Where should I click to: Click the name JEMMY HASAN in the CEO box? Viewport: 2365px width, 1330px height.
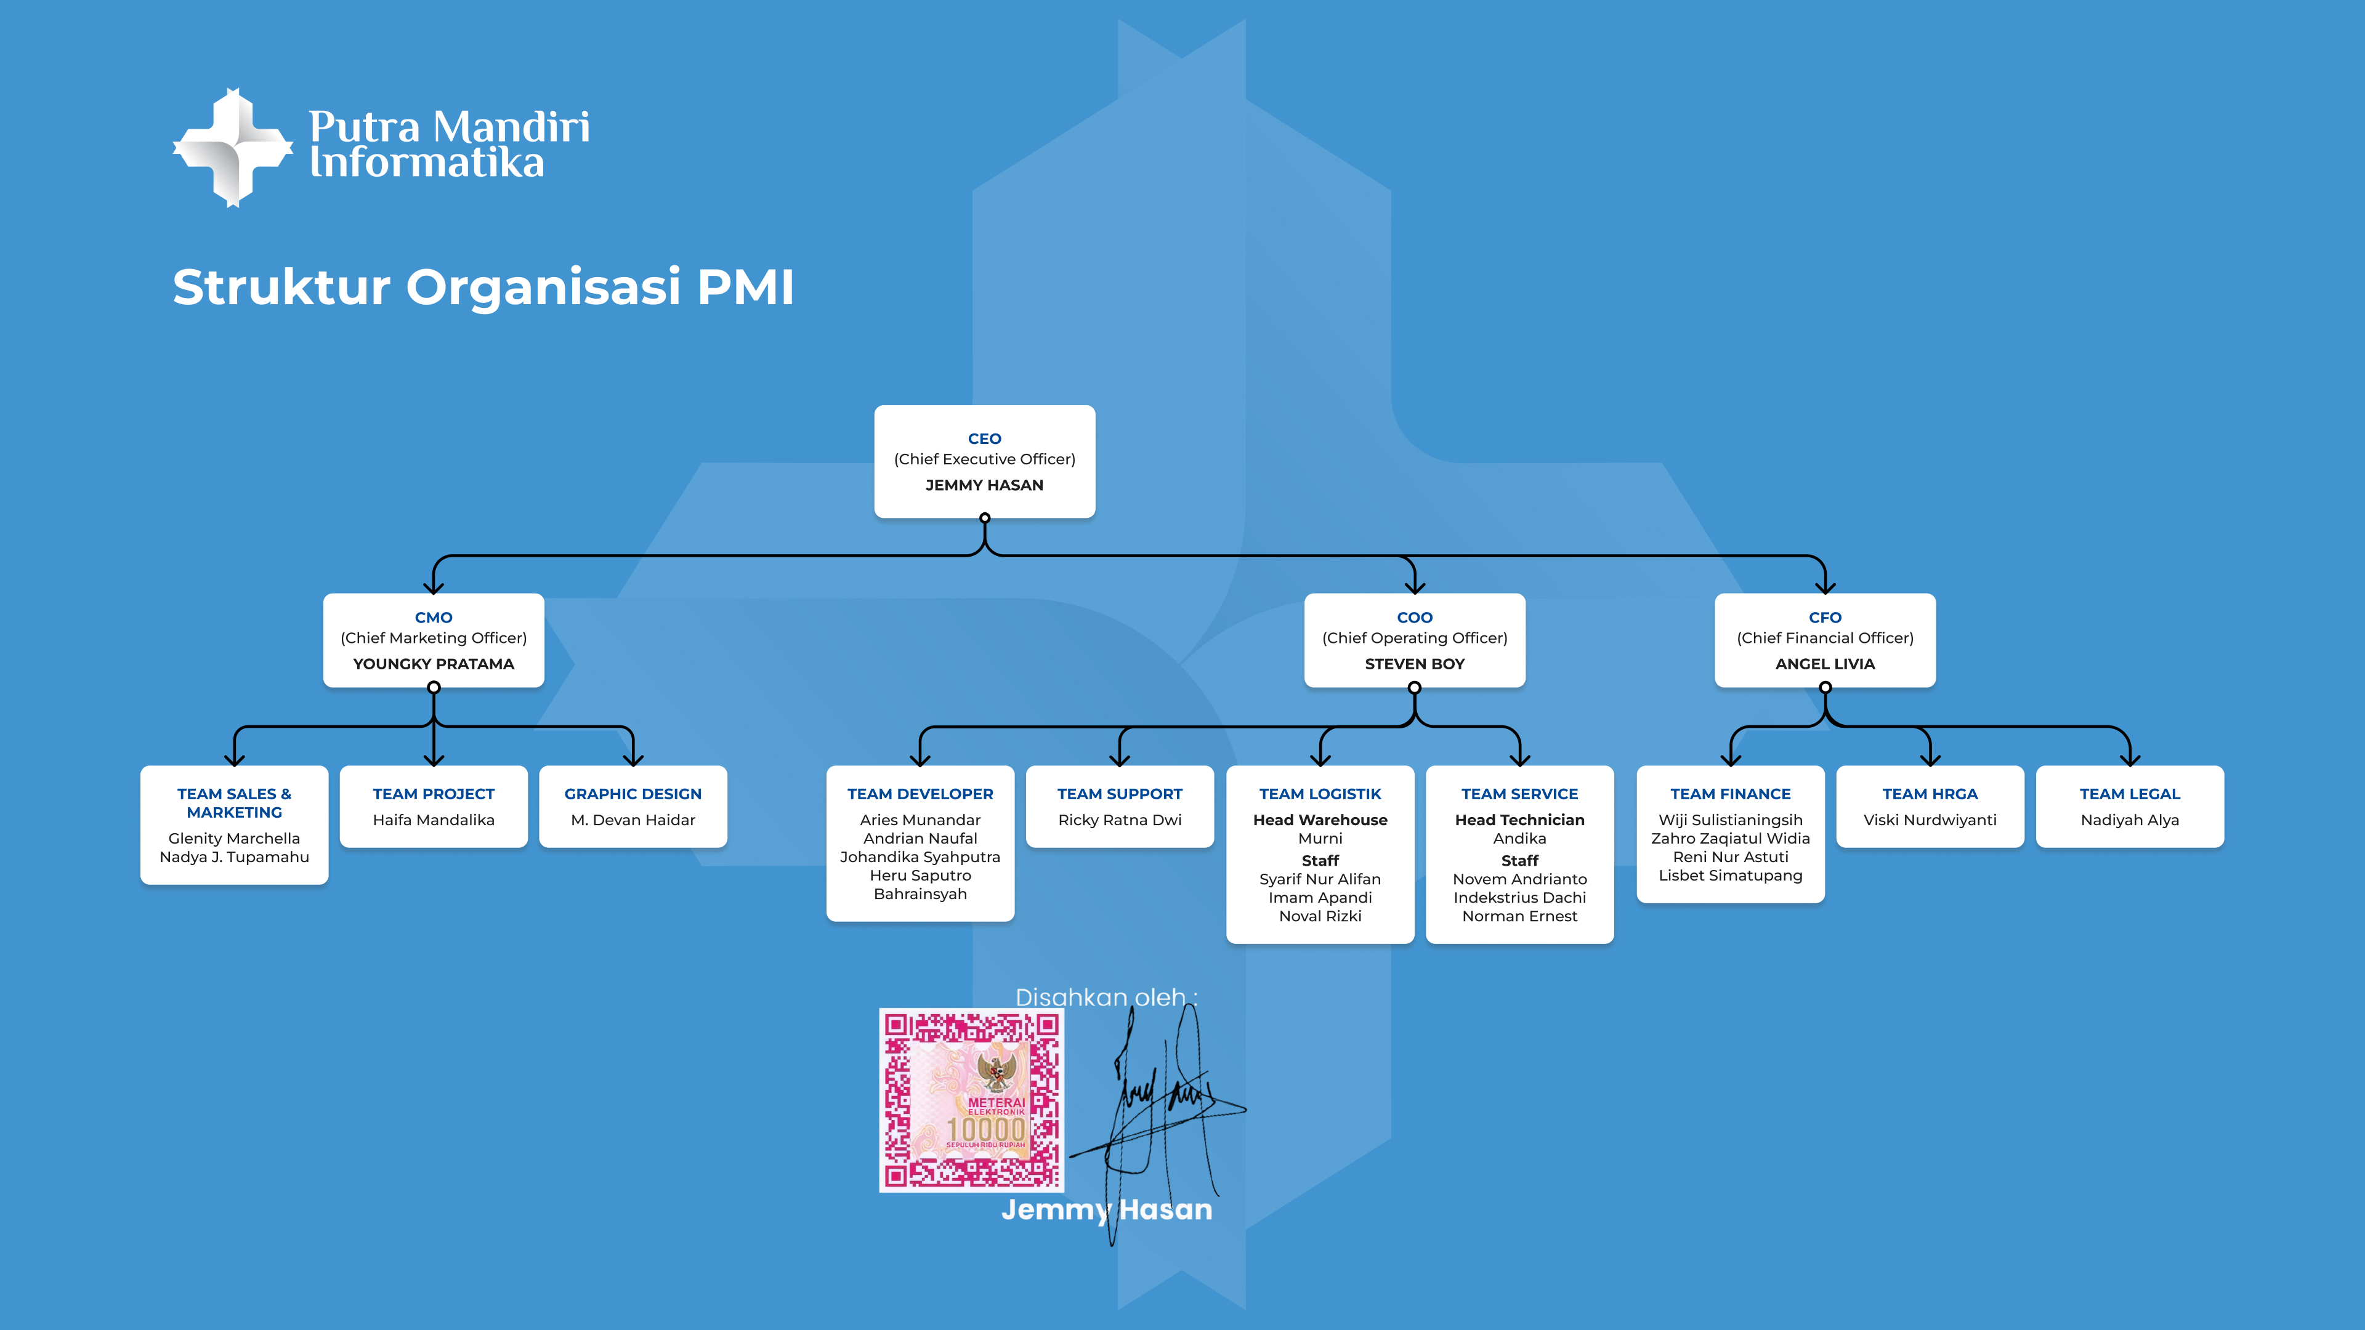pos(984,485)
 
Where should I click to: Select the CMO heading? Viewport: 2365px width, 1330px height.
pos(434,618)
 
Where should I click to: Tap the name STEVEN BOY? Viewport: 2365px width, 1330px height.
pos(1414,664)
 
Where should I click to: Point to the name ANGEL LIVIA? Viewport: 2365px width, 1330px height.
pos(1824,664)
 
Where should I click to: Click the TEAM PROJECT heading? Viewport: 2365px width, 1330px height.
pos(434,794)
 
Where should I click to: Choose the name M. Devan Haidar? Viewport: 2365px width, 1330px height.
pos(633,820)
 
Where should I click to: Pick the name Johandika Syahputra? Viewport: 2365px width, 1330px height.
pos(920,856)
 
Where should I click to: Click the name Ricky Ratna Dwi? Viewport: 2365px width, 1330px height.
pos(1119,820)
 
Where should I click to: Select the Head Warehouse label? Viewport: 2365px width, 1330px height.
pos(1319,820)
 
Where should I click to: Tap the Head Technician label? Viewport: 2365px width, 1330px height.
pos(1519,820)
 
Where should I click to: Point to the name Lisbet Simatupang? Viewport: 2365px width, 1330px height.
pos(1729,875)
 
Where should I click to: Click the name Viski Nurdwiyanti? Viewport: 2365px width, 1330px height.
pos(1929,820)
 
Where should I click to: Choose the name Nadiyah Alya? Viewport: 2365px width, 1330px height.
pos(2129,820)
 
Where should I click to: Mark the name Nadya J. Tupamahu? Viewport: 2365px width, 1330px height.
pos(234,856)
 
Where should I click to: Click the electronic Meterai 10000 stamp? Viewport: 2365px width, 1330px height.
pos(971,1100)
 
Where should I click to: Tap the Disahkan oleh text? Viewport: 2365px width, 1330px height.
pos(1106,997)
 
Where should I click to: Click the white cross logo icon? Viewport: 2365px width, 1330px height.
pos(233,148)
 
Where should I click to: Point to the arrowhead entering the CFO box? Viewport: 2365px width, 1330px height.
pos(1824,587)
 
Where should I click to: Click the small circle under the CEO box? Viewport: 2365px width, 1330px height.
pos(984,518)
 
